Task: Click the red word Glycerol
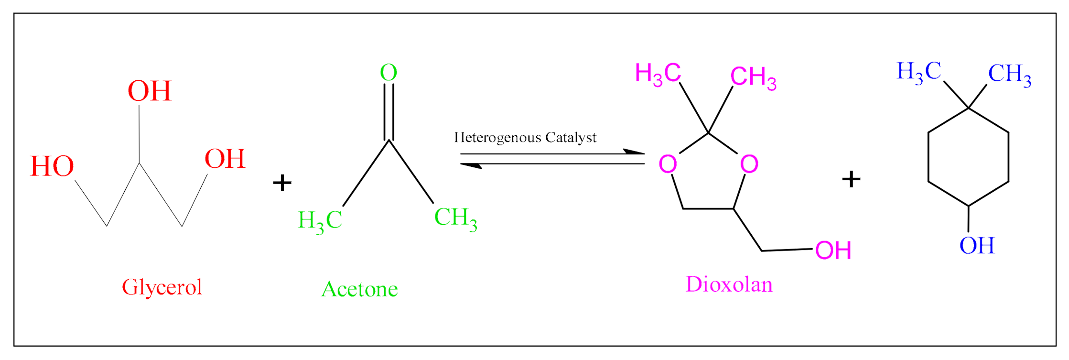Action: (x=162, y=287)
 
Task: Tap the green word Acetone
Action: (x=359, y=289)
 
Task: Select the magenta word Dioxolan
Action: (x=729, y=284)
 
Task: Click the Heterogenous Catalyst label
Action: (x=525, y=138)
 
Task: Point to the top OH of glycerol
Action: (x=149, y=91)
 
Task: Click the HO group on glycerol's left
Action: (x=52, y=166)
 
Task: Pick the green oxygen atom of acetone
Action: (x=389, y=73)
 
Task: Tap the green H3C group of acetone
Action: (x=320, y=221)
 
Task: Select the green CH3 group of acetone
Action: (x=455, y=218)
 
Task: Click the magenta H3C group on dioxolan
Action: (x=658, y=74)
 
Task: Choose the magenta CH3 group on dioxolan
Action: (x=753, y=77)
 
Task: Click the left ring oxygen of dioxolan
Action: (x=668, y=164)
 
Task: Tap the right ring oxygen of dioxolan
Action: (x=749, y=164)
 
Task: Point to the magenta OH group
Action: (x=833, y=251)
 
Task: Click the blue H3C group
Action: (x=919, y=72)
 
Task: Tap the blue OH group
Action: (x=977, y=246)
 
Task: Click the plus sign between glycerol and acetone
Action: (x=282, y=183)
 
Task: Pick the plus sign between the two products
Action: (x=851, y=179)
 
